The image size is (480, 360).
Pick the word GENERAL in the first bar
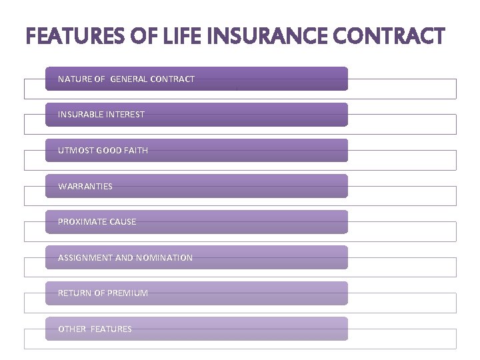(x=129, y=79)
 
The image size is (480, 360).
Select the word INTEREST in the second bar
(x=125, y=115)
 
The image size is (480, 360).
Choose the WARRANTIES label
(x=85, y=186)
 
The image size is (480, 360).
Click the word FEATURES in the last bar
(x=111, y=329)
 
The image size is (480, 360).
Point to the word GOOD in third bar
(x=109, y=151)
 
